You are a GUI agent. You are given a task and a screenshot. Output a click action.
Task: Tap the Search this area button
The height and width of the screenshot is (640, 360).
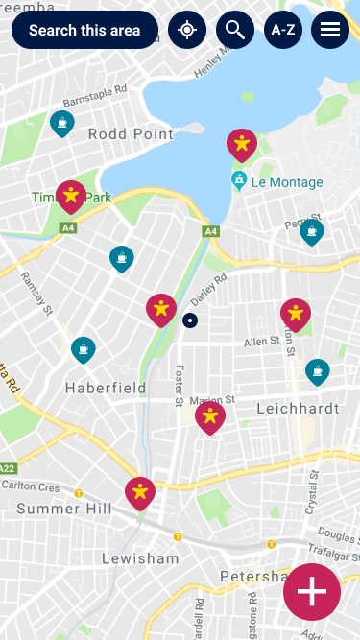click(x=84, y=31)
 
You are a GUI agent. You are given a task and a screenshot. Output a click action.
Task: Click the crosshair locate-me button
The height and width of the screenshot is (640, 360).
click(x=187, y=31)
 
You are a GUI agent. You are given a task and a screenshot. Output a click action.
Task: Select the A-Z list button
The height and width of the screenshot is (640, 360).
click(x=283, y=31)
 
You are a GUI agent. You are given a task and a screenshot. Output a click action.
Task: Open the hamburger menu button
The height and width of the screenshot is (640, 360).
click(x=330, y=31)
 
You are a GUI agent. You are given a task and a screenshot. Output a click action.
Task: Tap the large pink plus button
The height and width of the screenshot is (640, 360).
click(x=312, y=592)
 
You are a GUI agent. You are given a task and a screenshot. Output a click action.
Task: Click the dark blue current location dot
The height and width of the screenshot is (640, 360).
click(x=190, y=320)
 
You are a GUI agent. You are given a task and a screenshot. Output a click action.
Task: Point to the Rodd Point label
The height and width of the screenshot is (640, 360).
click(x=131, y=134)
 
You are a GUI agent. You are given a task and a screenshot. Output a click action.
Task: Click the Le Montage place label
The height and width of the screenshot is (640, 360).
click(x=287, y=181)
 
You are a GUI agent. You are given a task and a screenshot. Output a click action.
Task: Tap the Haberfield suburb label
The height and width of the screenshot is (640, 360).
click(x=106, y=388)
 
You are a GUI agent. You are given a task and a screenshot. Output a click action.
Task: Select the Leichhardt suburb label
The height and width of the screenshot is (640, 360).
click(x=299, y=408)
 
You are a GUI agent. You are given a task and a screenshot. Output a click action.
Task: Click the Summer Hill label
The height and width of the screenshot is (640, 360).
click(x=64, y=509)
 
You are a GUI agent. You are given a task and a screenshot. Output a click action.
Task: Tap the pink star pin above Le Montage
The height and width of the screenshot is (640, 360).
click(x=242, y=145)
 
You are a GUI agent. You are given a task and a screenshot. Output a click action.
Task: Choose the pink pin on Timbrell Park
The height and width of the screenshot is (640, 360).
click(x=71, y=196)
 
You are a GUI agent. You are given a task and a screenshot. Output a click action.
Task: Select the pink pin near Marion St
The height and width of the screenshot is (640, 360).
click(x=210, y=416)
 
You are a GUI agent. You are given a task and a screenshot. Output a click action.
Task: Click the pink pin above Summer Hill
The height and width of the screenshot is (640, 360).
click(x=140, y=493)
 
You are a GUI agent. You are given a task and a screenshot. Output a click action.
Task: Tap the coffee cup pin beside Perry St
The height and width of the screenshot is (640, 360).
click(x=311, y=231)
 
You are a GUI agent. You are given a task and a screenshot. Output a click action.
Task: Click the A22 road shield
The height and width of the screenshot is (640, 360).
click(x=9, y=468)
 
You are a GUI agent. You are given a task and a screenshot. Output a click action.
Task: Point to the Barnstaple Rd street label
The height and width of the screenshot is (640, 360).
click(x=95, y=96)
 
